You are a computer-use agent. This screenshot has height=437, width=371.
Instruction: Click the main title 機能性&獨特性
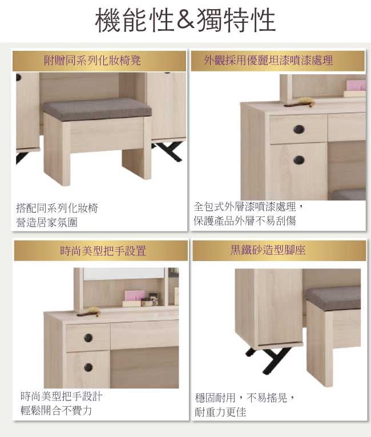point(185,20)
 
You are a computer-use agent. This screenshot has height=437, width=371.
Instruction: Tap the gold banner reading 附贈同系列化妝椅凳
point(99,61)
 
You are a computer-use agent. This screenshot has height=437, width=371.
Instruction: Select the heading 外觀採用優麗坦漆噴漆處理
point(268,60)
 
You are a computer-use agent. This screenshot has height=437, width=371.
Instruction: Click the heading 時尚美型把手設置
point(103,251)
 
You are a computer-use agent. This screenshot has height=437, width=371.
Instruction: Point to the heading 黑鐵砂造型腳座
point(268,250)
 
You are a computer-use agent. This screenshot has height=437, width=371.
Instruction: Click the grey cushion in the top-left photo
point(98,109)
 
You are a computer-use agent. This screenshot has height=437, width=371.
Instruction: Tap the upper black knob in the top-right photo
point(299,129)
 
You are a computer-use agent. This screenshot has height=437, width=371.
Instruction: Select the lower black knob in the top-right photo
point(299,160)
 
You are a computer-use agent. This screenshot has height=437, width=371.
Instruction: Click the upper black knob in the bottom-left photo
point(88,338)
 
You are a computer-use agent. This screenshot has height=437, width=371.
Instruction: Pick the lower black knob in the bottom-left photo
point(88,367)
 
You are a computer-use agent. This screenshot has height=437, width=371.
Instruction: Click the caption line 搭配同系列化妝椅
point(57,208)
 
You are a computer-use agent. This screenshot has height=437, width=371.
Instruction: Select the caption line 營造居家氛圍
point(47,222)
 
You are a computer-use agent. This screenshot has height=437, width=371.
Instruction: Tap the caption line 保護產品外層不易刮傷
point(245,220)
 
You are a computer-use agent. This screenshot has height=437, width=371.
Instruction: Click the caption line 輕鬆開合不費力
point(57,410)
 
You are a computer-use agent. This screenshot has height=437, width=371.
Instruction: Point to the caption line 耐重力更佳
point(220,412)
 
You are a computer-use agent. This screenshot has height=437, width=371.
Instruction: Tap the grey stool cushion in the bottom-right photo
point(333,299)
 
